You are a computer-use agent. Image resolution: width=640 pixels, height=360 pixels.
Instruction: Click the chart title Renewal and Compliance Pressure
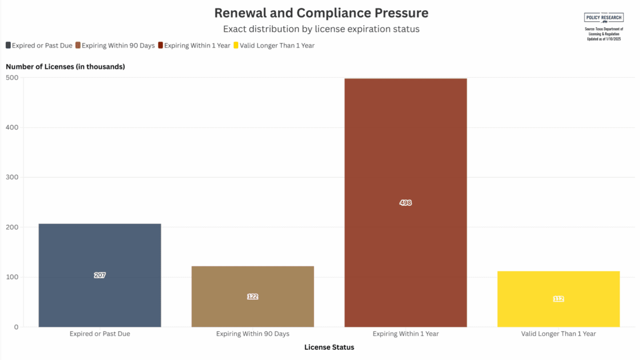pyautogui.click(x=321, y=13)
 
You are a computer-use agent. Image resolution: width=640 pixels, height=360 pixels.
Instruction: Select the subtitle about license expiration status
pyautogui.click(x=321, y=29)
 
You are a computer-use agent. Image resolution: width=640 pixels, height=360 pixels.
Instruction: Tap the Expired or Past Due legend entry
pyautogui.click(x=39, y=46)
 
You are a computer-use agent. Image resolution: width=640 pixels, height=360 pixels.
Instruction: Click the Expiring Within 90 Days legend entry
pyautogui.click(x=115, y=46)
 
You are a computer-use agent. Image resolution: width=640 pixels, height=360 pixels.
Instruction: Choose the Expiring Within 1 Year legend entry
pyautogui.click(x=194, y=46)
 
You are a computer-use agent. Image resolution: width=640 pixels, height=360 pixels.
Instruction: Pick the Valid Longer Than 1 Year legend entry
pyautogui.click(x=274, y=46)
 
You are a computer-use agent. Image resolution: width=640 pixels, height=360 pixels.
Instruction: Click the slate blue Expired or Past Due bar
pyautogui.click(x=100, y=251)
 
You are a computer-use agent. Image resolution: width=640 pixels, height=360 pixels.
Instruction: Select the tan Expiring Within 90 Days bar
pyautogui.click(x=253, y=277)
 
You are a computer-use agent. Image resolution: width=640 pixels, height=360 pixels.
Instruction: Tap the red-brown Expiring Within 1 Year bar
pyautogui.click(x=405, y=160)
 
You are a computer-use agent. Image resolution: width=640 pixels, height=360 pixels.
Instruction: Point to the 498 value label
pyautogui.click(x=405, y=203)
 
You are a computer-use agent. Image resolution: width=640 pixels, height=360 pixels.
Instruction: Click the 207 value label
pyautogui.click(x=100, y=275)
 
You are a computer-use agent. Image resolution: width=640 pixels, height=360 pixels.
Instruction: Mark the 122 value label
pyautogui.click(x=253, y=297)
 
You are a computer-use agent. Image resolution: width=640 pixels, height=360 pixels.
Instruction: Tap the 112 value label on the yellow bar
pyautogui.click(x=558, y=299)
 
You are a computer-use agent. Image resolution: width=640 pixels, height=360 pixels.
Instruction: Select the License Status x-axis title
pyautogui.click(x=329, y=347)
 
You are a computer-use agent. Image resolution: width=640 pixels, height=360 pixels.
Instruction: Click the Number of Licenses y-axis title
pyautogui.click(x=65, y=67)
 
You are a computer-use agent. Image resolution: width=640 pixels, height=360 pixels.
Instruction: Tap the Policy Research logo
pyautogui.click(x=604, y=17)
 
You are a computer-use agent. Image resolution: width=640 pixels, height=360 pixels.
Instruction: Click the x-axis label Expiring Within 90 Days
pyautogui.click(x=253, y=334)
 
